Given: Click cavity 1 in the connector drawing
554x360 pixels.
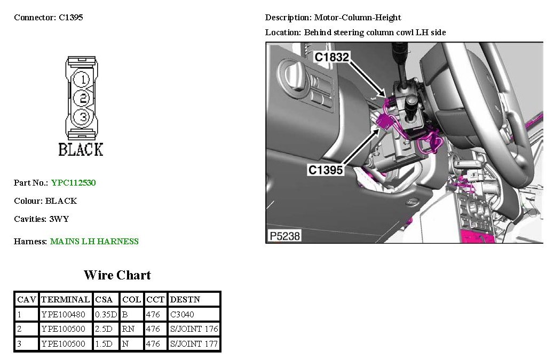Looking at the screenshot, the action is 82,79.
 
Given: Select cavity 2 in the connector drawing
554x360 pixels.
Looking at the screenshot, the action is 82,98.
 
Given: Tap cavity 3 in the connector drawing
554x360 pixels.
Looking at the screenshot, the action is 82,116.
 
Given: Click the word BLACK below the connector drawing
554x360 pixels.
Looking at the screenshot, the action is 81,149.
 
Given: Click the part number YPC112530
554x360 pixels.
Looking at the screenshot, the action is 74,182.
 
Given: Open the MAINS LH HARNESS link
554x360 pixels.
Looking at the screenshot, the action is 94,242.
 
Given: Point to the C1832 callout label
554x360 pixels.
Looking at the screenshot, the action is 332,57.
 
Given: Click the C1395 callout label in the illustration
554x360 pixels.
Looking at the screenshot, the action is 326,170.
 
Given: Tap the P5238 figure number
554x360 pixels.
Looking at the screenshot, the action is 285,236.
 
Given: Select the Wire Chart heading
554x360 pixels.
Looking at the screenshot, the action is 117,275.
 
